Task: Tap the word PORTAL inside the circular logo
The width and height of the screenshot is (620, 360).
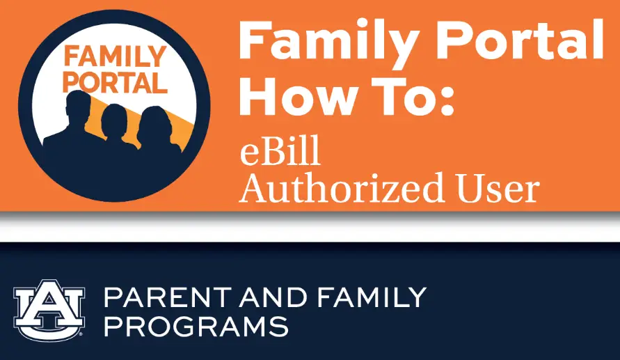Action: (x=115, y=83)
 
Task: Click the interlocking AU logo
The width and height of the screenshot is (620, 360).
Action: (x=49, y=309)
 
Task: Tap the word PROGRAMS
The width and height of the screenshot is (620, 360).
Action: (x=196, y=326)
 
